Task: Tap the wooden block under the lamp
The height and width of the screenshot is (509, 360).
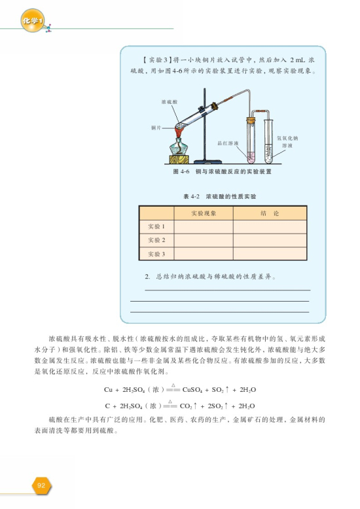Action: coord(180,158)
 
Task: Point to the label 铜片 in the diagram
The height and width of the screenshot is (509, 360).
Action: coord(155,125)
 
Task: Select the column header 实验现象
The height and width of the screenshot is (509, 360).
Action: coord(203,213)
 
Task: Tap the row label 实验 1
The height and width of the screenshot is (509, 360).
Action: coord(156,226)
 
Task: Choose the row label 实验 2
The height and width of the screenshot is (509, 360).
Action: coord(156,239)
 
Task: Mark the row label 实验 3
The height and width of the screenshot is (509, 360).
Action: coord(156,253)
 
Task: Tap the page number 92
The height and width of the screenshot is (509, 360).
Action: coord(41,485)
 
